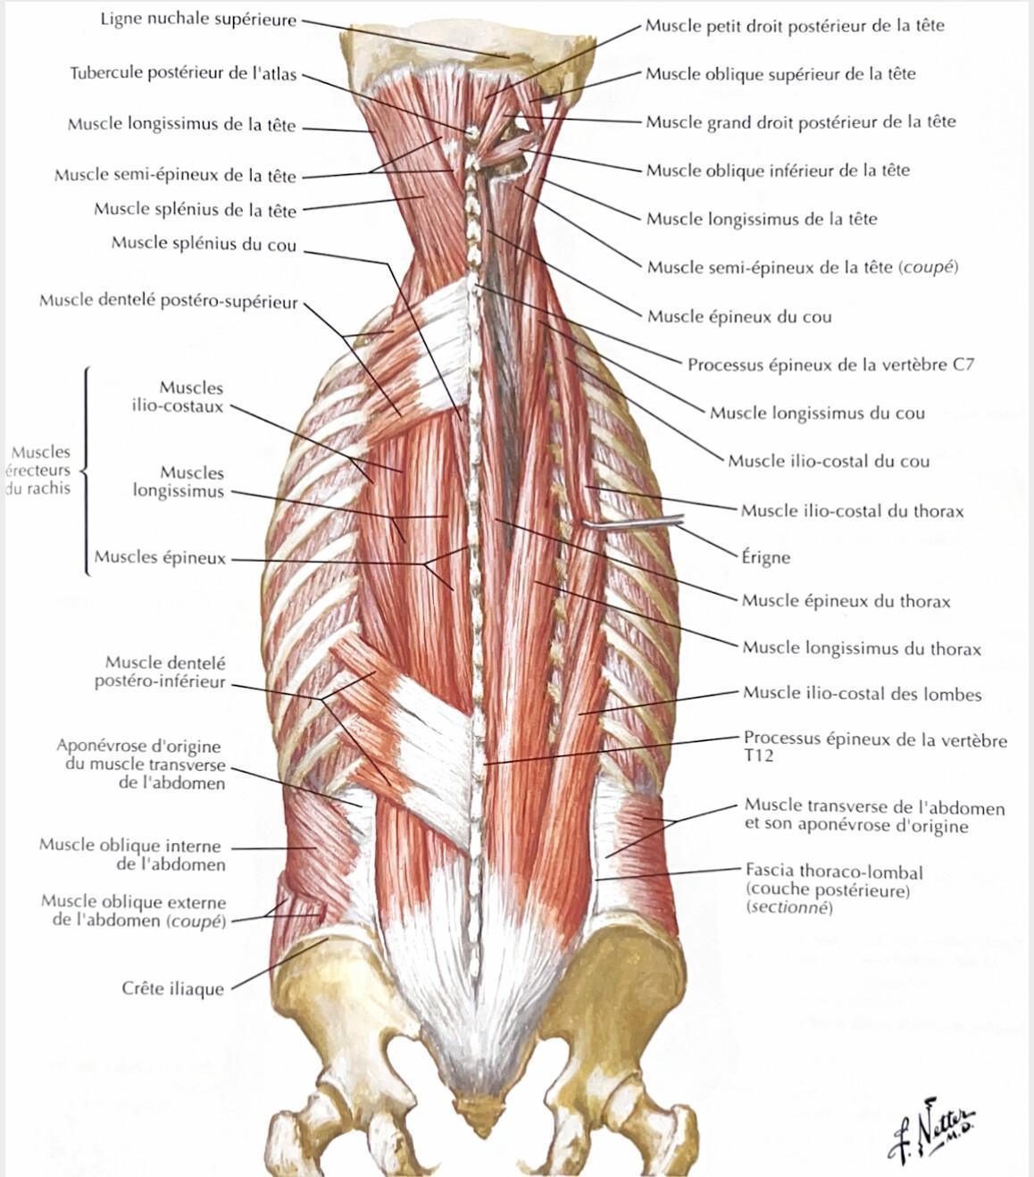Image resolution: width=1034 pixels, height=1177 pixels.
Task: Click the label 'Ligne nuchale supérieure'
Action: (x=198, y=20)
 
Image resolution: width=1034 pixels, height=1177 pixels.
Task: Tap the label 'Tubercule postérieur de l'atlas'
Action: (x=184, y=74)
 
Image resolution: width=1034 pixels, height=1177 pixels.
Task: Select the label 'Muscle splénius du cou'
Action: (x=204, y=244)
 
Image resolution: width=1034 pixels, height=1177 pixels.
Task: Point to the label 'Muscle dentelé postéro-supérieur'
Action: (x=169, y=301)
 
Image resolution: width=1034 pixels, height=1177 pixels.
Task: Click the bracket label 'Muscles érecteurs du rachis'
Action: (x=39, y=470)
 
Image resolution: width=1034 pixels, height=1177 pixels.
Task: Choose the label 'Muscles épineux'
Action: (x=160, y=557)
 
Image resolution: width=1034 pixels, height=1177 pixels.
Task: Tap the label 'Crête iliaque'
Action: (x=172, y=989)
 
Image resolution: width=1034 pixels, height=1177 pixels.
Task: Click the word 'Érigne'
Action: (x=765, y=558)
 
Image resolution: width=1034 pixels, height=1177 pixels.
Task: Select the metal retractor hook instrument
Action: (x=633, y=522)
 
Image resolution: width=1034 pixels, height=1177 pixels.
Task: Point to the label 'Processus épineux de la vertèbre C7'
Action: (x=830, y=365)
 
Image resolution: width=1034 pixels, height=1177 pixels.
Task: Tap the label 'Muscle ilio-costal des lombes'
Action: (x=862, y=694)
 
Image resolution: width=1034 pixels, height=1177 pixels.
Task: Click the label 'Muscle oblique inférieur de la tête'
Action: (x=778, y=171)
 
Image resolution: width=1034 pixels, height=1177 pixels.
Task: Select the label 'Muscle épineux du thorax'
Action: (x=846, y=601)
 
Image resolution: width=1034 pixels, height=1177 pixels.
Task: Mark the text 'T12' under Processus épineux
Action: (x=758, y=755)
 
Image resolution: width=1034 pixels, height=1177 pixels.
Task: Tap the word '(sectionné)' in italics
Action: (x=789, y=906)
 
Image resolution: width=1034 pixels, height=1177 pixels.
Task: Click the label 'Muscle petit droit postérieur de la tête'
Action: (x=795, y=26)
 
